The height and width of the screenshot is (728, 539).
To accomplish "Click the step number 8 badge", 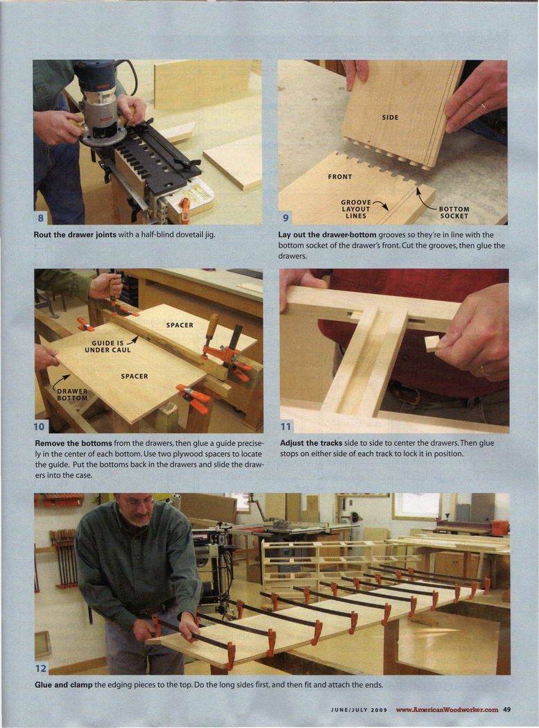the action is click(x=40, y=218).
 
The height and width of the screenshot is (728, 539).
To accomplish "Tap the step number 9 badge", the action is click(x=285, y=218).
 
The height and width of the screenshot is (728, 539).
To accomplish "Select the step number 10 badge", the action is click(x=40, y=426).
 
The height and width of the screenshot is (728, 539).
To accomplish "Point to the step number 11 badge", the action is click(x=285, y=426).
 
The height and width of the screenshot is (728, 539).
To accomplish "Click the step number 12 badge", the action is click(x=41, y=668).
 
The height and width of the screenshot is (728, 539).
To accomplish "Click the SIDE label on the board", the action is click(x=390, y=117).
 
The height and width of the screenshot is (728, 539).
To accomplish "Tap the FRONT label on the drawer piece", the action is click(x=340, y=176).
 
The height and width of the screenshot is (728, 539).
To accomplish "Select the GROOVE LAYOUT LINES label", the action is click(x=356, y=209).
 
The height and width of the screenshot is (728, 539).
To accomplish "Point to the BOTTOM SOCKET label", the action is click(x=454, y=212).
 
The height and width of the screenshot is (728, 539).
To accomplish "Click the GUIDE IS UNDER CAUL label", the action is click(x=108, y=347).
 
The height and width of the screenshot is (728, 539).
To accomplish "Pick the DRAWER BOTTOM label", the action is click(x=72, y=395).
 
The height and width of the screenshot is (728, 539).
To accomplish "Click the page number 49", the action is click(x=507, y=709).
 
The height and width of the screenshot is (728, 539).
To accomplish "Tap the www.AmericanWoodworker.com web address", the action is click(x=447, y=709).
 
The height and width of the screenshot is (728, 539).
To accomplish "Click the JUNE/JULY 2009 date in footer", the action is click(x=359, y=710).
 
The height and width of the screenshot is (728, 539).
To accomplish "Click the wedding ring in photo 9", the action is click(x=484, y=107).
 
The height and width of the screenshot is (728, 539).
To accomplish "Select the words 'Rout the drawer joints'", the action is click(x=75, y=234).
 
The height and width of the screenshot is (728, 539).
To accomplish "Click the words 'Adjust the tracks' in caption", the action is click(x=311, y=443).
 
